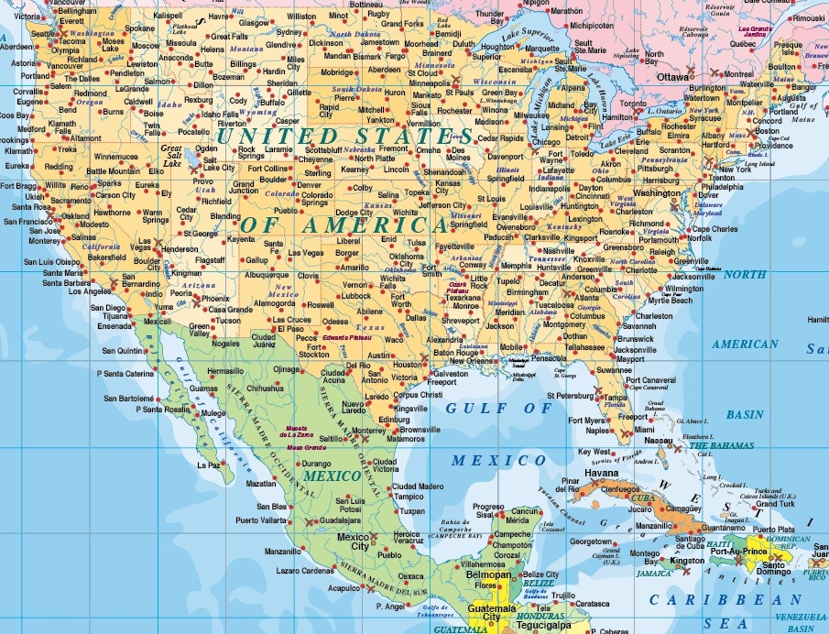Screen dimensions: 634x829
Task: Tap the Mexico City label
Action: pos(354,541)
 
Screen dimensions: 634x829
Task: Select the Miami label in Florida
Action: pos(646,429)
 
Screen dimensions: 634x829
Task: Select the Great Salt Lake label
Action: pos(171,154)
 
